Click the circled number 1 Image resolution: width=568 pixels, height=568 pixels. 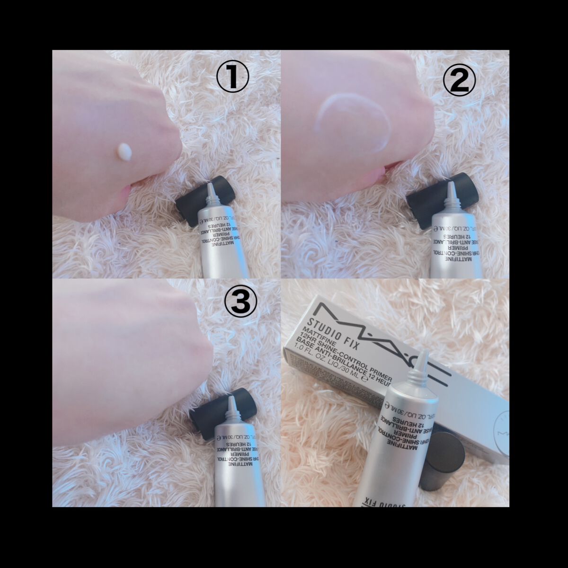(232, 79)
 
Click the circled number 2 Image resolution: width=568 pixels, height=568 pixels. (458, 81)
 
